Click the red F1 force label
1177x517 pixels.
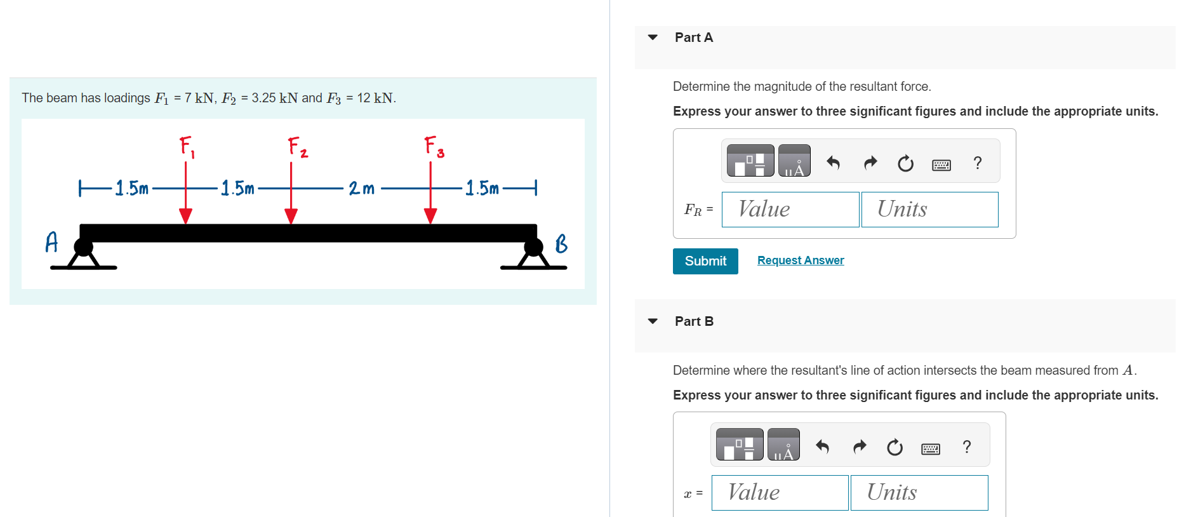pos(187,147)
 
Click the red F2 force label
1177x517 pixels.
pos(296,147)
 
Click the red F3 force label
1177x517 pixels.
pos(434,147)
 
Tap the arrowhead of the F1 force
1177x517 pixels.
pos(185,215)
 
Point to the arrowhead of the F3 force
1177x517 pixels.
pos(430,215)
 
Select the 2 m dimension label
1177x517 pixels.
pos(361,188)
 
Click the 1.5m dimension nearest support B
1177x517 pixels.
pos(482,188)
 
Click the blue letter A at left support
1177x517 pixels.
pos(51,242)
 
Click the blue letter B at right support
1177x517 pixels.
pos(561,243)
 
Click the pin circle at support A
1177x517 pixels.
pos(84,246)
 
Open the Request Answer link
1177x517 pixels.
pos(801,260)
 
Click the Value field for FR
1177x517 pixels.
pos(790,210)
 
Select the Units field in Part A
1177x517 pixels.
pos(929,210)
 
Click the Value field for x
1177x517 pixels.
pos(780,493)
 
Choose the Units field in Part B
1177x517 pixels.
pos(919,493)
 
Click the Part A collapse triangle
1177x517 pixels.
pos(653,37)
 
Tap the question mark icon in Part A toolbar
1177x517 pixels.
pos(978,163)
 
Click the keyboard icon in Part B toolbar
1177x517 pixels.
pos(931,449)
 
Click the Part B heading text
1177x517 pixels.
pos(694,321)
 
